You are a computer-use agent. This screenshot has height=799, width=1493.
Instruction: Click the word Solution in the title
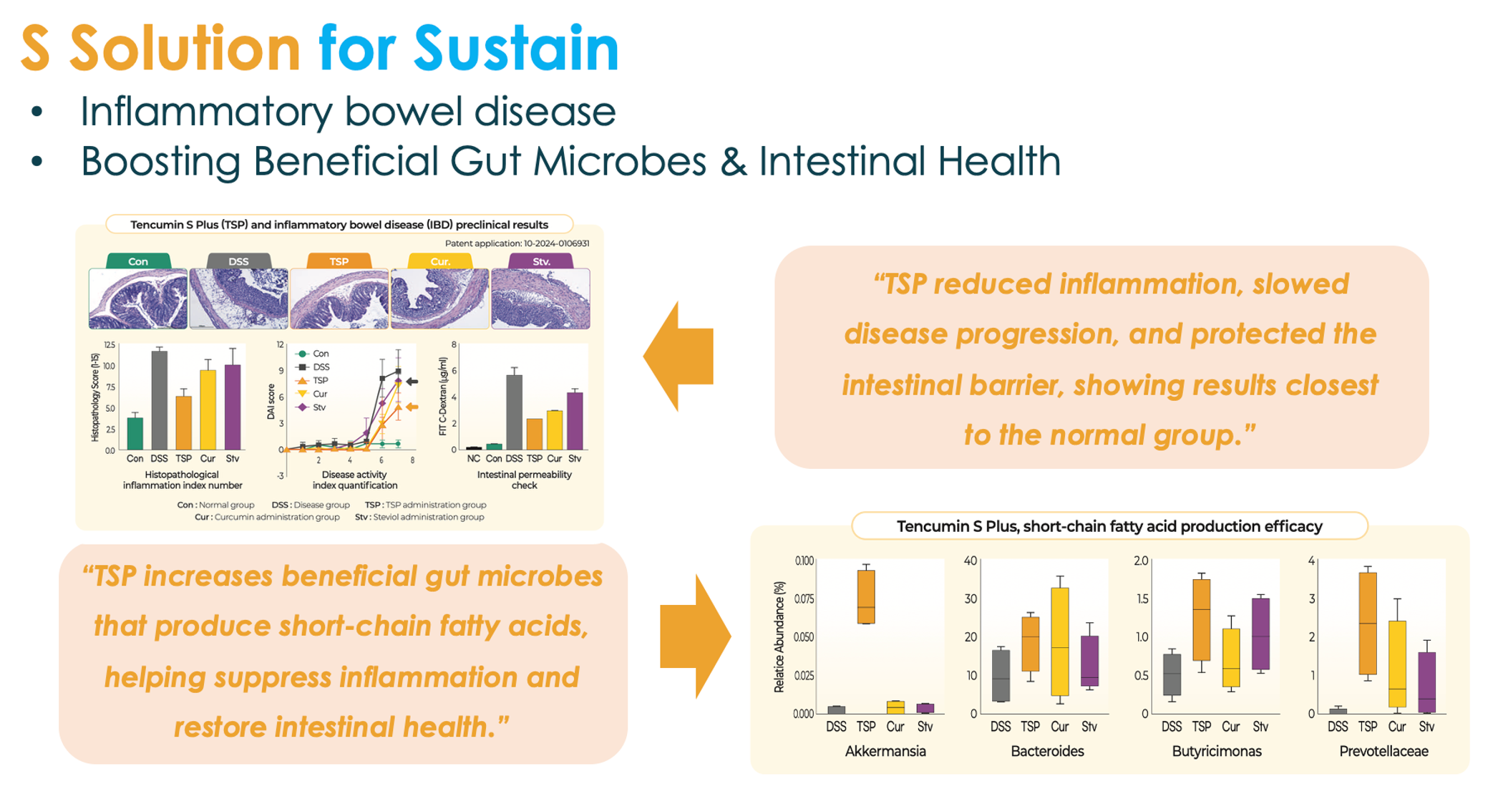pyautogui.click(x=185, y=48)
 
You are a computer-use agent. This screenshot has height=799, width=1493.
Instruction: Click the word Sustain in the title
pyautogui.click(x=516, y=48)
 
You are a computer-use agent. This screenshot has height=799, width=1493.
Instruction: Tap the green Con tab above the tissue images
pyautogui.click(x=138, y=261)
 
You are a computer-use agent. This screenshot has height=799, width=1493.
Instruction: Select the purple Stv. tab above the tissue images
pyautogui.click(x=541, y=261)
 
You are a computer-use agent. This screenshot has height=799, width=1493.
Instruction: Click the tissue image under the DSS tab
pyautogui.click(x=238, y=299)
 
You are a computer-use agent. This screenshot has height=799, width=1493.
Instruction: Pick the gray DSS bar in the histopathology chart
pyautogui.click(x=159, y=400)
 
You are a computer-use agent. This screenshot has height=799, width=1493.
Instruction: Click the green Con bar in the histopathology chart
pyautogui.click(x=135, y=433)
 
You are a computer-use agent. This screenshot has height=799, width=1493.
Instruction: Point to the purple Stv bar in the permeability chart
pyautogui.click(x=575, y=421)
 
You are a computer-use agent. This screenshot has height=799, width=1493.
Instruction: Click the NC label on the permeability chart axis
pyautogui.click(x=474, y=458)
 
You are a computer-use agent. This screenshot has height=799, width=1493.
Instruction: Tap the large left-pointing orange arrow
pyautogui.click(x=678, y=356)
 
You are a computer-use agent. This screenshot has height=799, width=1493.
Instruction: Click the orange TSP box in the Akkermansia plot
pyautogui.click(x=866, y=597)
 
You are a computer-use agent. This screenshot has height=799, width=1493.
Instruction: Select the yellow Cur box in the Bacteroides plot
pyautogui.click(x=1059, y=641)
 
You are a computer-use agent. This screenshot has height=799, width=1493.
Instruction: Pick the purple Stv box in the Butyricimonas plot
pyautogui.click(x=1260, y=634)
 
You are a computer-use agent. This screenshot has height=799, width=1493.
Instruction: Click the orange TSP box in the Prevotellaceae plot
pyautogui.click(x=1368, y=624)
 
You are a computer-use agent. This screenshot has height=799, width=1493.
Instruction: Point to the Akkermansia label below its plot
pyautogui.click(x=885, y=751)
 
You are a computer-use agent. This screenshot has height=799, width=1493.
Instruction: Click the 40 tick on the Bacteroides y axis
pyautogui.click(x=971, y=561)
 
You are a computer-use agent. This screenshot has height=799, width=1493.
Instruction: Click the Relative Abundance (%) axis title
pyautogui.click(x=779, y=636)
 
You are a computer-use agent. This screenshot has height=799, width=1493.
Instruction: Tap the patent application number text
pyautogui.click(x=517, y=243)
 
